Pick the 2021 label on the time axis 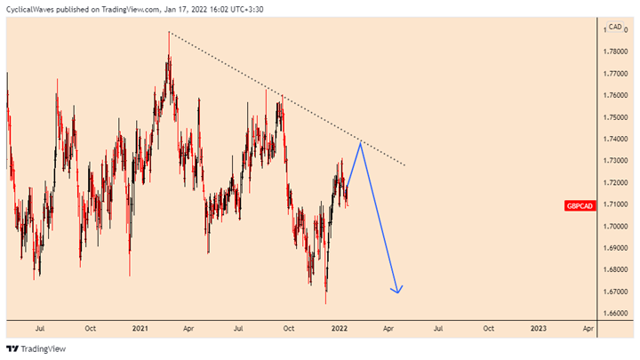[x=140, y=328]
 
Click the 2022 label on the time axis [x=339, y=328]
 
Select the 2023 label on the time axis [x=538, y=328]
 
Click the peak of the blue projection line [x=360, y=142]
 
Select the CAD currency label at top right [x=614, y=28]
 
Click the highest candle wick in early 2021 [x=169, y=33]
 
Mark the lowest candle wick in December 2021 [x=325, y=303]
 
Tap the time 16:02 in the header [x=221, y=10]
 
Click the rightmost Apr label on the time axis [x=588, y=328]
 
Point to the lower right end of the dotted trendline [x=404, y=165]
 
